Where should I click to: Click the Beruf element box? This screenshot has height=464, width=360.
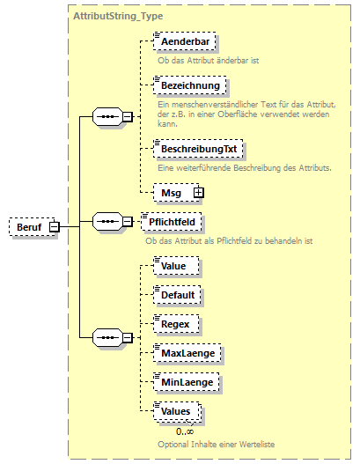click(28, 227)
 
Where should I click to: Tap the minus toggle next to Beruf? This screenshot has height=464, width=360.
click(55, 227)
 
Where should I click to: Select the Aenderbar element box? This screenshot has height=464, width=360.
click(184, 41)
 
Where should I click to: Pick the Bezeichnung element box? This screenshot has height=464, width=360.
click(189, 86)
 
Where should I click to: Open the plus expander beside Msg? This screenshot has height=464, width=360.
click(198, 191)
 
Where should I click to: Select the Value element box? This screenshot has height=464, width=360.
click(174, 263)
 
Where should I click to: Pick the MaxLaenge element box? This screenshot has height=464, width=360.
click(187, 353)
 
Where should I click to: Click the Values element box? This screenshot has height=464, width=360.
click(177, 411)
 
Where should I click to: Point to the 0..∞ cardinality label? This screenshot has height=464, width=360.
click(185, 431)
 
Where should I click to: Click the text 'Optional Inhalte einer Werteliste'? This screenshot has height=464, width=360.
click(210, 444)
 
